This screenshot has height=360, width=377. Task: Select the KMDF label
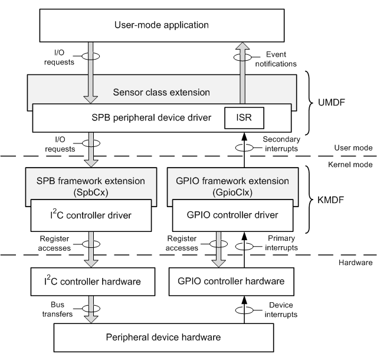click(x=337, y=199)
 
